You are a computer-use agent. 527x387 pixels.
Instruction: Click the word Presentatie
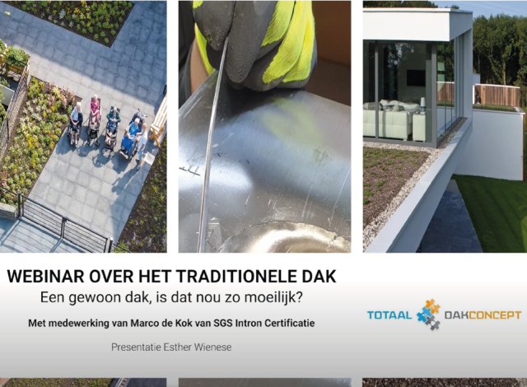(x=139, y=347)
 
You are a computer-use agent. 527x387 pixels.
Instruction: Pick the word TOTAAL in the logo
(x=389, y=315)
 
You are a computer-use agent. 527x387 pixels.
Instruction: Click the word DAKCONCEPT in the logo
(x=483, y=315)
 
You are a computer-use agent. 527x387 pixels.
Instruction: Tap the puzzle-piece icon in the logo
(x=428, y=314)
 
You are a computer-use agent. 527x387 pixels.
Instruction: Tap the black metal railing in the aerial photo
(x=58, y=218)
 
